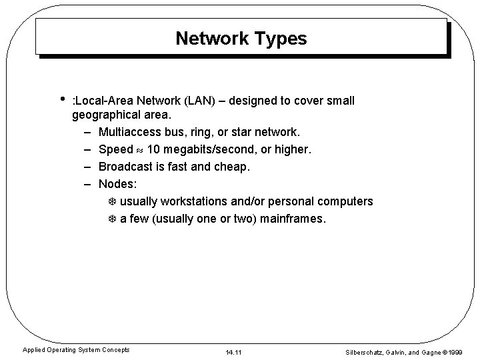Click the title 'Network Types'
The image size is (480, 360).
pyautogui.click(x=241, y=39)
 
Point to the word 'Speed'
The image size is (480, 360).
pyautogui.click(x=115, y=149)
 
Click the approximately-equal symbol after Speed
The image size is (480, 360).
pyautogui.click(x=140, y=150)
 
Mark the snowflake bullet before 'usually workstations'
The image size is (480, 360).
pyautogui.click(x=112, y=201)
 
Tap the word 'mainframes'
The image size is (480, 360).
pyautogui.click(x=293, y=218)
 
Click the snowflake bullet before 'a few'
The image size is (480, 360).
pyautogui.click(x=112, y=218)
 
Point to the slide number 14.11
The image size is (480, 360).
pyautogui.click(x=233, y=349)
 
